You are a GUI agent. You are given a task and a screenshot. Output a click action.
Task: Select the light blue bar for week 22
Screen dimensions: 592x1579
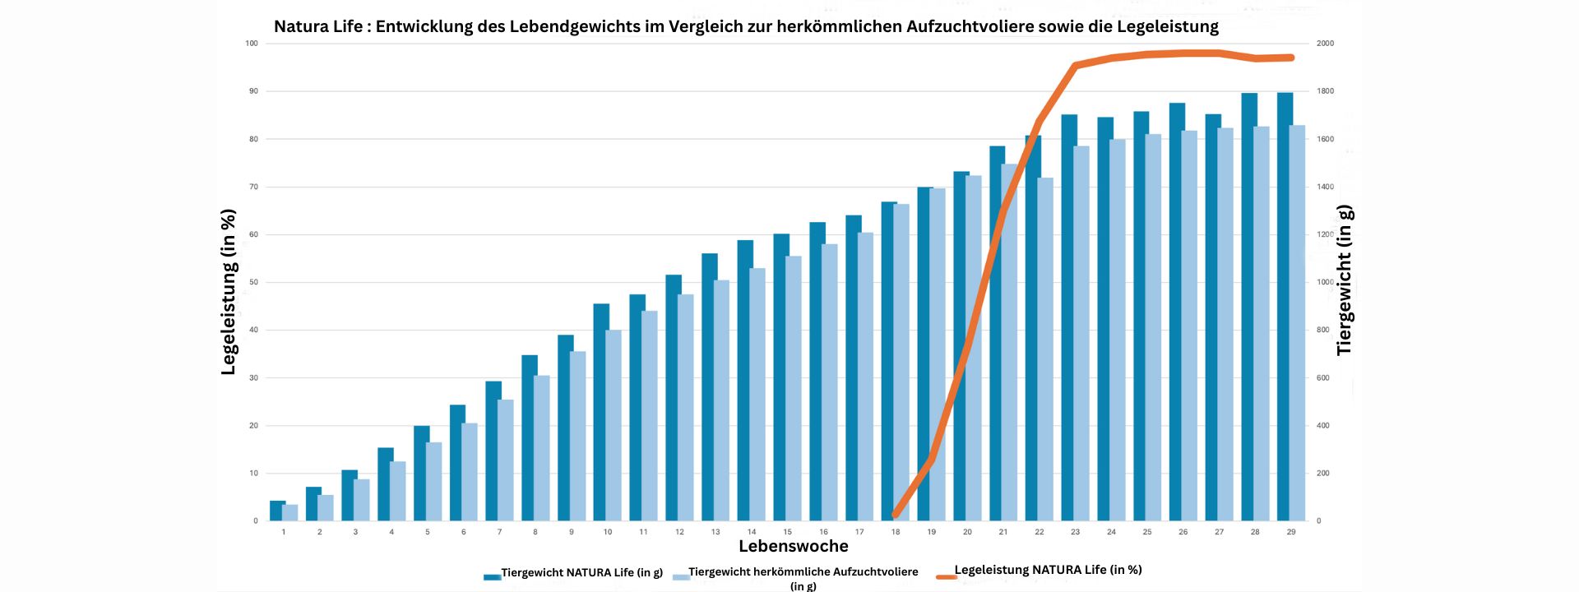pyautogui.click(x=1045, y=349)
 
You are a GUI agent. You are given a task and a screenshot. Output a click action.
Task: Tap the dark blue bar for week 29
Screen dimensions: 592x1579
pyautogui.click(x=1285, y=307)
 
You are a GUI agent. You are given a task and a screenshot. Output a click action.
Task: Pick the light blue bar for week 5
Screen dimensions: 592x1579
pyautogui.click(x=433, y=481)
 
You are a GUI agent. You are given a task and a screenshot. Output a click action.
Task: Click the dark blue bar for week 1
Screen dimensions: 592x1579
pyautogui.click(x=277, y=511)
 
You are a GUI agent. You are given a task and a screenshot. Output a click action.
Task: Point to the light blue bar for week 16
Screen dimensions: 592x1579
pyautogui.click(x=830, y=382)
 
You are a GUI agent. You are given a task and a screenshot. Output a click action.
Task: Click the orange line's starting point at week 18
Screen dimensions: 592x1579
pyautogui.click(x=895, y=516)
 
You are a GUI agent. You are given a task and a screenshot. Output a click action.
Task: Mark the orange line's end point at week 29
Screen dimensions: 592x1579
pyautogui.click(x=1292, y=58)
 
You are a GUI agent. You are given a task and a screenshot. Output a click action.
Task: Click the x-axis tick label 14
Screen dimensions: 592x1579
pyautogui.click(x=752, y=532)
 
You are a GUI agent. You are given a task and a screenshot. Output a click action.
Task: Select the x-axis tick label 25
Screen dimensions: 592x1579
pyautogui.click(x=1147, y=532)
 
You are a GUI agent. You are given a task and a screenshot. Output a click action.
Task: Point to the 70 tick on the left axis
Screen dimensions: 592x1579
pyautogui.click(x=254, y=187)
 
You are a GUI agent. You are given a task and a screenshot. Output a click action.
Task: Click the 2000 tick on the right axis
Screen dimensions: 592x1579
pyautogui.click(x=1325, y=44)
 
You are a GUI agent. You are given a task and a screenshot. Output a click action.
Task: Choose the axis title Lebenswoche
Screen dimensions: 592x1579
pyautogui.click(x=793, y=546)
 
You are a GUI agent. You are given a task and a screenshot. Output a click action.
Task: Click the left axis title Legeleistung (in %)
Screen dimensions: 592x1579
pyautogui.click(x=229, y=292)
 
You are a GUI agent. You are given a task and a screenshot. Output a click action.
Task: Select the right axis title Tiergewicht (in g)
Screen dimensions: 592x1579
pyautogui.click(x=1345, y=280)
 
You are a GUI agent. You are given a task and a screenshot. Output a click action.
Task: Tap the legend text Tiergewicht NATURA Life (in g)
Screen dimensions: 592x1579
pyautogui.click(x=581, y=572)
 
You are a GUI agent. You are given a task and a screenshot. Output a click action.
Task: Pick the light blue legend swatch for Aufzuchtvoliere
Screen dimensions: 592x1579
pyautogui.click(x=680, y=577)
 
